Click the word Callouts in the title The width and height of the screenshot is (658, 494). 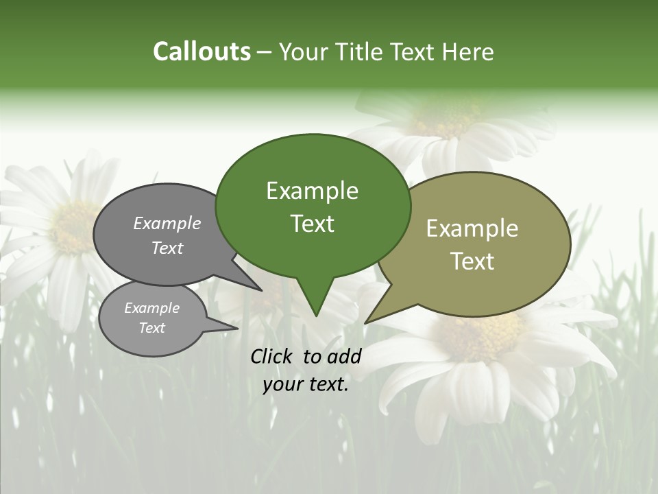pyautogui.click(x=202, y=51)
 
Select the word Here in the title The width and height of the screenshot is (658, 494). pyautogui.click(x=470, y=52)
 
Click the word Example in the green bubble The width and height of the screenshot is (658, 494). pyautogui.click(x=312, y=191)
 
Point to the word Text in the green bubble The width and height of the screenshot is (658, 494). pyautogui.click(x=312, y=224)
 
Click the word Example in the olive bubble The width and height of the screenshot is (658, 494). pyautogui.click(x=472, y=228)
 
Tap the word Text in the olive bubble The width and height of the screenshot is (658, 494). pyautogui.click(x=472, y=261)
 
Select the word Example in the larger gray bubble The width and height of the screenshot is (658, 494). pyautogui.click(x=167, y=224)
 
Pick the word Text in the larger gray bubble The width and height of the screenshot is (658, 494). pyautogui.click(x=167, y=248)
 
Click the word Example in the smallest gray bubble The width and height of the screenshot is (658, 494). pyautogui.click(x=152, y=308)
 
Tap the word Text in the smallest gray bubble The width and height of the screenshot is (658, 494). pyautogui.click(x=152, y=328)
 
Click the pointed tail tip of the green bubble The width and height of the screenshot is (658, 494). pyautogui.click(x=315, y=316)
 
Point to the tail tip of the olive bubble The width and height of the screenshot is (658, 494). pyautogui.click(x=365, y=322)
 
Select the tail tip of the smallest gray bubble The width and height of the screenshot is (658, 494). pyautogui.click(x=237, y=328)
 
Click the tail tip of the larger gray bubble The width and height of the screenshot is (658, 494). pyautogui.click(x=261, y=290)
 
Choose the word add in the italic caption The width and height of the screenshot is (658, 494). pyautogui.click(x=344, y=356)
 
